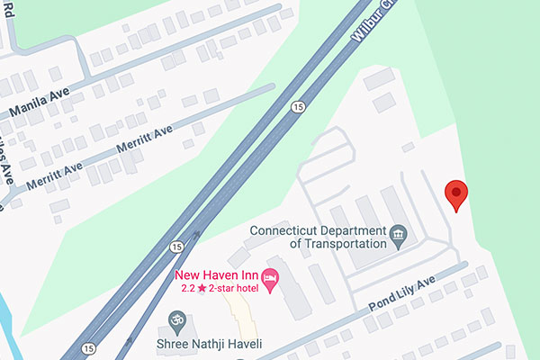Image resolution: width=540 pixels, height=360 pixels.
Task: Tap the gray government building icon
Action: coord(397,237)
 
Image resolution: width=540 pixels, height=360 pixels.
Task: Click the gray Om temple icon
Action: coord(175,319)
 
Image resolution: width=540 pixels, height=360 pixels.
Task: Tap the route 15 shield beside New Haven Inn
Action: coord(175,246)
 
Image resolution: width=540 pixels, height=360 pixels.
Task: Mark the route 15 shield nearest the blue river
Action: coord(87,347)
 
